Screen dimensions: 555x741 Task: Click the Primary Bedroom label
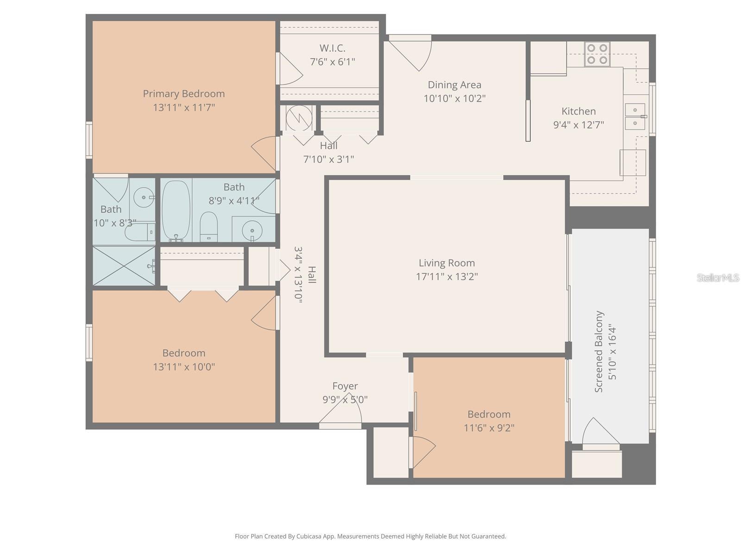pyautogui.click(x=184, y=93)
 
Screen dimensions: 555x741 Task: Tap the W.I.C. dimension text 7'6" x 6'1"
pyautogui.click(x=332, y=62)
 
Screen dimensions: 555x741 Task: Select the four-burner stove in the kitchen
pyautogui.click(x=597, y=54)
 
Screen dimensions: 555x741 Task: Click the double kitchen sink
pyautogui.click(x=635, y=117)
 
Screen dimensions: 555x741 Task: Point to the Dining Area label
pyautogui.click(x=454, y=85)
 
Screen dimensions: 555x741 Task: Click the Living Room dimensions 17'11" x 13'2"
pyautogui.click(x=446, y=277)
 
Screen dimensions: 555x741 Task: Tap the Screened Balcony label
pyautogui.click(x=599, y=351)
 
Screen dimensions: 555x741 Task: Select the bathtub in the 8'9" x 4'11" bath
pyautogui.click(x=176, y=210)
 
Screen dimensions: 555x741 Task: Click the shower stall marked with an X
pyautogui.click(x=124, y=266)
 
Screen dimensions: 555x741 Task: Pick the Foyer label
pyautogui.click(x=345, y=386)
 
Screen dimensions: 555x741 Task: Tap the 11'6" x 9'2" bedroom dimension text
pyautogui.click(x=489, y=428)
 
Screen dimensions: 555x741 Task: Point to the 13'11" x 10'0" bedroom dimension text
pyautogui.click(x=184, y=367)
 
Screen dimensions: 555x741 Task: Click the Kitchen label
pyautogui.click(x=578, y=111)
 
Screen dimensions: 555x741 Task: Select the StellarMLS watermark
pyautogui.click(x=717, y=277)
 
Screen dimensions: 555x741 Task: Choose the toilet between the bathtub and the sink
pyautogui.click(x=208, y=227)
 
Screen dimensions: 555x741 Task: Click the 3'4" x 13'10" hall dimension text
pyautogui.click(x=298, y=275)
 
